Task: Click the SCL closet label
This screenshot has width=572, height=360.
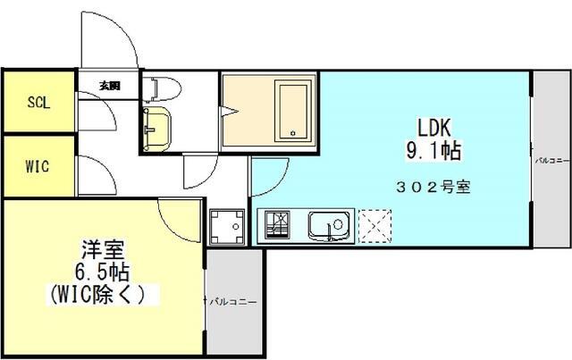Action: pyautogui.click(x=38, y=102)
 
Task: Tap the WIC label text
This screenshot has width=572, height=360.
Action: pyautogui.click(x=38, y=165)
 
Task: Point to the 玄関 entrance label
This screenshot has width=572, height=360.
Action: pyautogui.click(x=109, y=87)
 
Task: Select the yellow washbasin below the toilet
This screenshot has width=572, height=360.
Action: pyautogui.click(x=158, y=124)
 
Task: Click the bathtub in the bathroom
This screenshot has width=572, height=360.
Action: pyautogui.click(x=292, y=111)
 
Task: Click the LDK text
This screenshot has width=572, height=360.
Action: pyautogui.click(x=433, y=126)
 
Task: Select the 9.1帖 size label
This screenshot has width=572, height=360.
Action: pyautogui.click(x=433, y=151)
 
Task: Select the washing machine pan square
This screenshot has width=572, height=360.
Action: pyautogui.click(x=227, y=225)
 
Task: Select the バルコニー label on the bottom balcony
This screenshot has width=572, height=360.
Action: pyautogui.click(x=233, y=302)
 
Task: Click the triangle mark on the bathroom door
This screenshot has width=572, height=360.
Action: pyautogui.click(x=232, y=111)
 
